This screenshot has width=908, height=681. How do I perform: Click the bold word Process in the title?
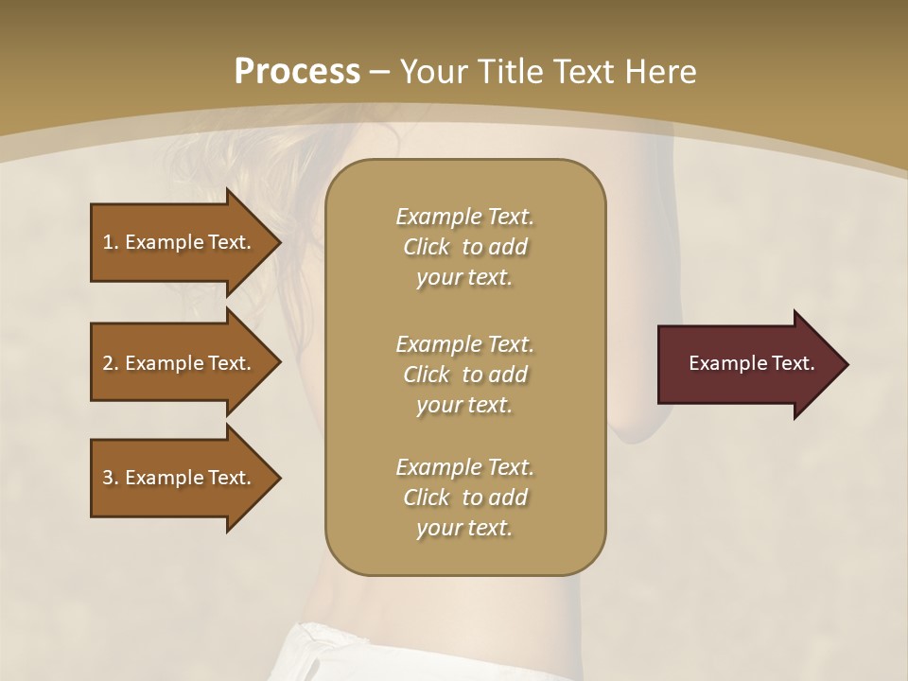coord(297,72)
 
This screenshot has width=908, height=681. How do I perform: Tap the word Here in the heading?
coord(660,72)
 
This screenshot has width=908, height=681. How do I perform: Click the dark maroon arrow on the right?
coord(747,363)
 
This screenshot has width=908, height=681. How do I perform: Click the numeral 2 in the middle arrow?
coord(108,363)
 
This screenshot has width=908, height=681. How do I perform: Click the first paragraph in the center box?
coord(464,247)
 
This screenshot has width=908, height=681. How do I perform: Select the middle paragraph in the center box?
coord(464,375)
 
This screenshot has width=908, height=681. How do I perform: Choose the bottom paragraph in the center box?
coord(464,498)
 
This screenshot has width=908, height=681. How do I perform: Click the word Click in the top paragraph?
coord(427,247)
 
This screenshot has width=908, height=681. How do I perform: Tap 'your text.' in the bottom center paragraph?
coord(464,529)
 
